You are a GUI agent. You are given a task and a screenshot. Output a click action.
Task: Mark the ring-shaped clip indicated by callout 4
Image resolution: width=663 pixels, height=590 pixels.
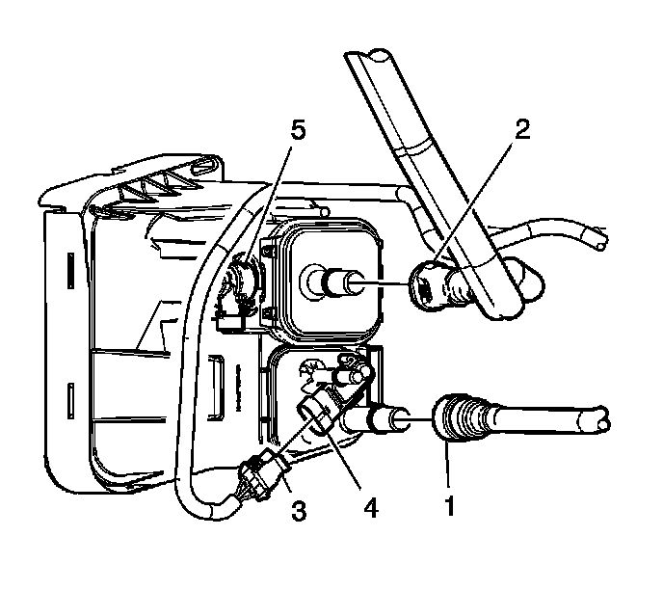click(x=317, y=416)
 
